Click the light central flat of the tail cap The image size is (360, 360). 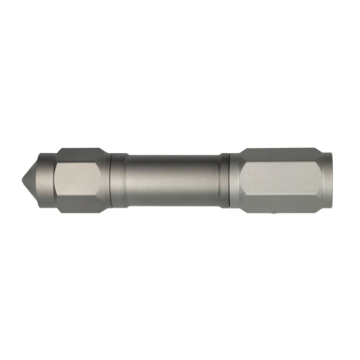click(x=80, y=180)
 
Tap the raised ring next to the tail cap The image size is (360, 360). click(x=119, y=180)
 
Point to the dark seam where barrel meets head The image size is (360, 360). click(x=229, y=180)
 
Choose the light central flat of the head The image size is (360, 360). click(x=280, y=180)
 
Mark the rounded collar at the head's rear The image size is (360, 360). click(x=235, y=180)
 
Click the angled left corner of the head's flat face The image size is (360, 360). click(x=242, y=180)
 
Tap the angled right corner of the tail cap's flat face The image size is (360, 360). click(x=105, y=180)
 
